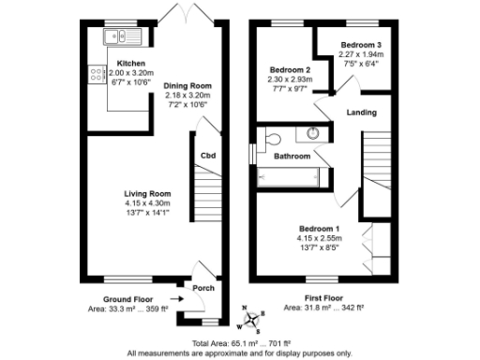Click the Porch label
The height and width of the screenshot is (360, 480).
[x=202, y=288]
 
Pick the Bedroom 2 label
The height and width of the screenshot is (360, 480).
[x=290, y=70]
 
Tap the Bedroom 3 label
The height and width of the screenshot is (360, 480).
[x=360, y=45]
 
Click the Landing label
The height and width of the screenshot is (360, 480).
[x=362, y=112]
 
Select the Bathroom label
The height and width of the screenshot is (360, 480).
[x=292, y=156]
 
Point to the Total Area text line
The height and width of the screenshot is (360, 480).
[x=240, y=344]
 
